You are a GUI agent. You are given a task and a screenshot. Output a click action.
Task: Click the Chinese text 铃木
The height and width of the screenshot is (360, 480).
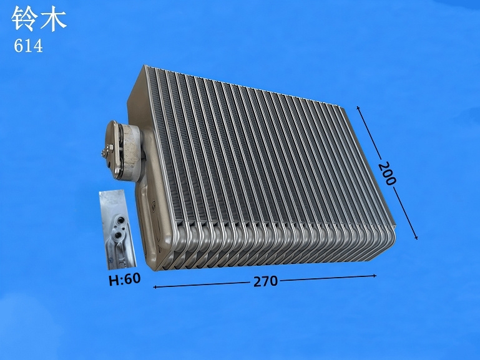[x=39, y=19]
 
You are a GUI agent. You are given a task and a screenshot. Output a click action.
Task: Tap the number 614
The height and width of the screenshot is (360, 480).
[x=28, y=47]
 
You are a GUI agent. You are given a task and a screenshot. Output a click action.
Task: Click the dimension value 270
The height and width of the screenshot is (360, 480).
[x=265, y=281]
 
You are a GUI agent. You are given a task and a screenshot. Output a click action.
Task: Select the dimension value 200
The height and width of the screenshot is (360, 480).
[x=387, y=173]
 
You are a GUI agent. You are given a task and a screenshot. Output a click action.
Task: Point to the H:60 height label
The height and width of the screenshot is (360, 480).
[x=125, y=279]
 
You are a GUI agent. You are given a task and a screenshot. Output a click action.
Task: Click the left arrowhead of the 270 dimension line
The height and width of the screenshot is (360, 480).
[x=155, y=287]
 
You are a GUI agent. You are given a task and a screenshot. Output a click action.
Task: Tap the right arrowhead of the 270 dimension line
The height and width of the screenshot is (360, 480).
[x=374, y=276]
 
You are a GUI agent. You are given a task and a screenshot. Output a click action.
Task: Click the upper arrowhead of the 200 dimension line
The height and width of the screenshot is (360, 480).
[x=358, y=108]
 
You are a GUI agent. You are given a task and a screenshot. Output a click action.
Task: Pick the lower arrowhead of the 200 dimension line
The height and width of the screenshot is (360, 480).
[x=416, y=236]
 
